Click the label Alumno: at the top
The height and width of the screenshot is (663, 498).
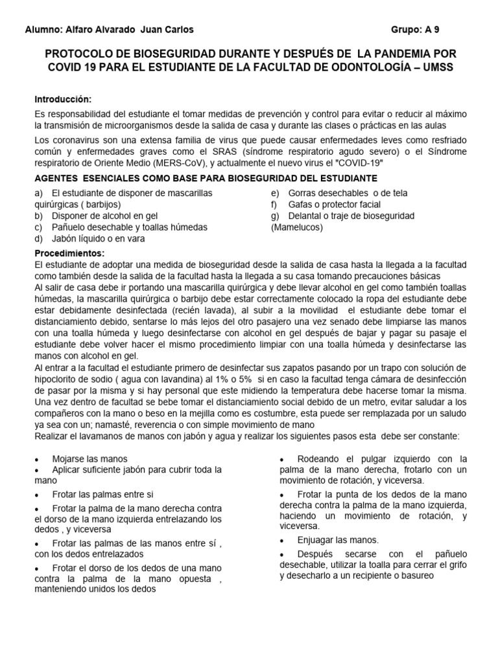[x=43, y=30]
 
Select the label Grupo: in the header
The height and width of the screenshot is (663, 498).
[x=407, y=30]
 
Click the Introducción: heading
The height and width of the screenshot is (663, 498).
[x=64, y=99]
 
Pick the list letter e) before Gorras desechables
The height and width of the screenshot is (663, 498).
[x=275, y=193]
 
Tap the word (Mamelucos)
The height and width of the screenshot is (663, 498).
[x=296, y=227]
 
